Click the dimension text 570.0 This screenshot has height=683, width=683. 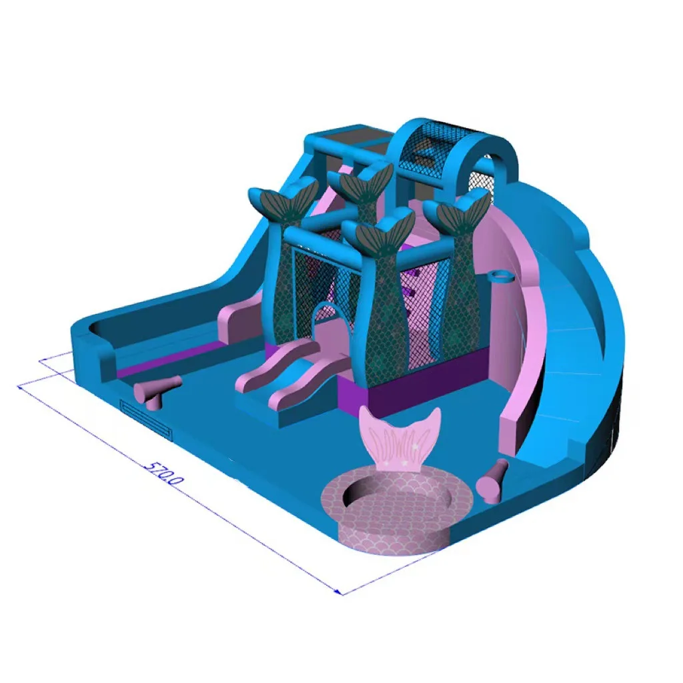(x=164, y=472)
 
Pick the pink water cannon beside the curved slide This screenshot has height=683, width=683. (x=493, y=481)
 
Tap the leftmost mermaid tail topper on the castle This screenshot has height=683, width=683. (x=282, y=199)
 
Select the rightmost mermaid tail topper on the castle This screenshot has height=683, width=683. (x=458, y=209)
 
